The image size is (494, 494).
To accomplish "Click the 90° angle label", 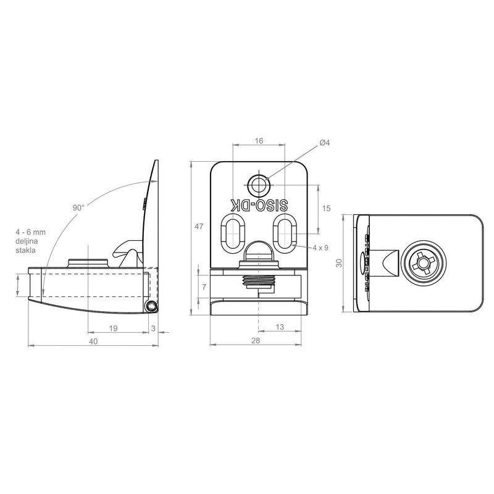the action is tap(78, 207).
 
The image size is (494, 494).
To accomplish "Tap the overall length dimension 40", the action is tap(93, 341).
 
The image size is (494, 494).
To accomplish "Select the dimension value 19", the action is tap(113, 329).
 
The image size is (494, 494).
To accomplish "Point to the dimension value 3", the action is tap(153, 329).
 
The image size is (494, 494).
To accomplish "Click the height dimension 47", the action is tap(199, 226).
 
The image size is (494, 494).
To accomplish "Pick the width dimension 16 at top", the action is tap(259, 141).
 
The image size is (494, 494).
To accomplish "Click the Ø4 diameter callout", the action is tap(324, 143).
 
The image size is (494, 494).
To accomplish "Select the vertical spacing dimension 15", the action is tap(327, 208).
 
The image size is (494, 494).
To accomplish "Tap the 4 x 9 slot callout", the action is tap(320, 248).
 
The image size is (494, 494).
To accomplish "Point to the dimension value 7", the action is tap(204, 287).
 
